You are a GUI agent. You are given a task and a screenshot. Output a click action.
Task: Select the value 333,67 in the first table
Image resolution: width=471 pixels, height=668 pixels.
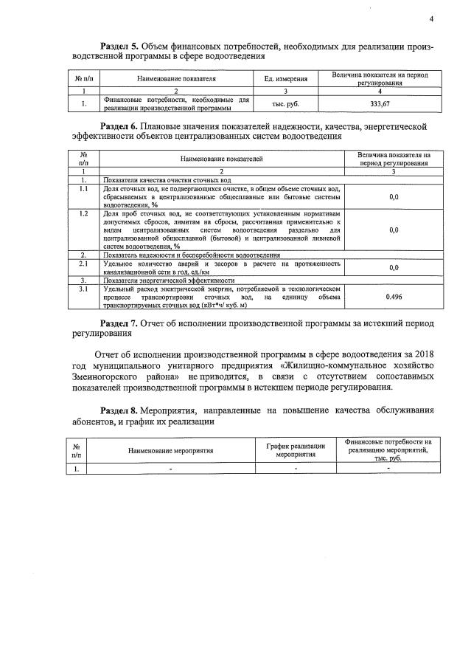point(380,103)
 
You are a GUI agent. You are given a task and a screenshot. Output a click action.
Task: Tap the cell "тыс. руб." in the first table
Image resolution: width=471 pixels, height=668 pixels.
point(285,103)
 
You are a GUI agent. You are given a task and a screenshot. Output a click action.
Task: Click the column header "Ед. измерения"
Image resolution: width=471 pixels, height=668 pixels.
point(285,78)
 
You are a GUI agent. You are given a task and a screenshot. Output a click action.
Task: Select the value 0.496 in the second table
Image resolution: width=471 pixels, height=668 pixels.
point(394,297)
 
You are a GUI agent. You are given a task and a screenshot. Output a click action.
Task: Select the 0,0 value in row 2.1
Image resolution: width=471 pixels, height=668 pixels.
point(394,268)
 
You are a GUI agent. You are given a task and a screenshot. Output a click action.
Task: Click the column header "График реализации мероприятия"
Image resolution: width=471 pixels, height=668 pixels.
point(296,451)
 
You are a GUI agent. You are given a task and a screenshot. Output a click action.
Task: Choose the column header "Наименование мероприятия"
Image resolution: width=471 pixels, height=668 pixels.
point(170,451)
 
